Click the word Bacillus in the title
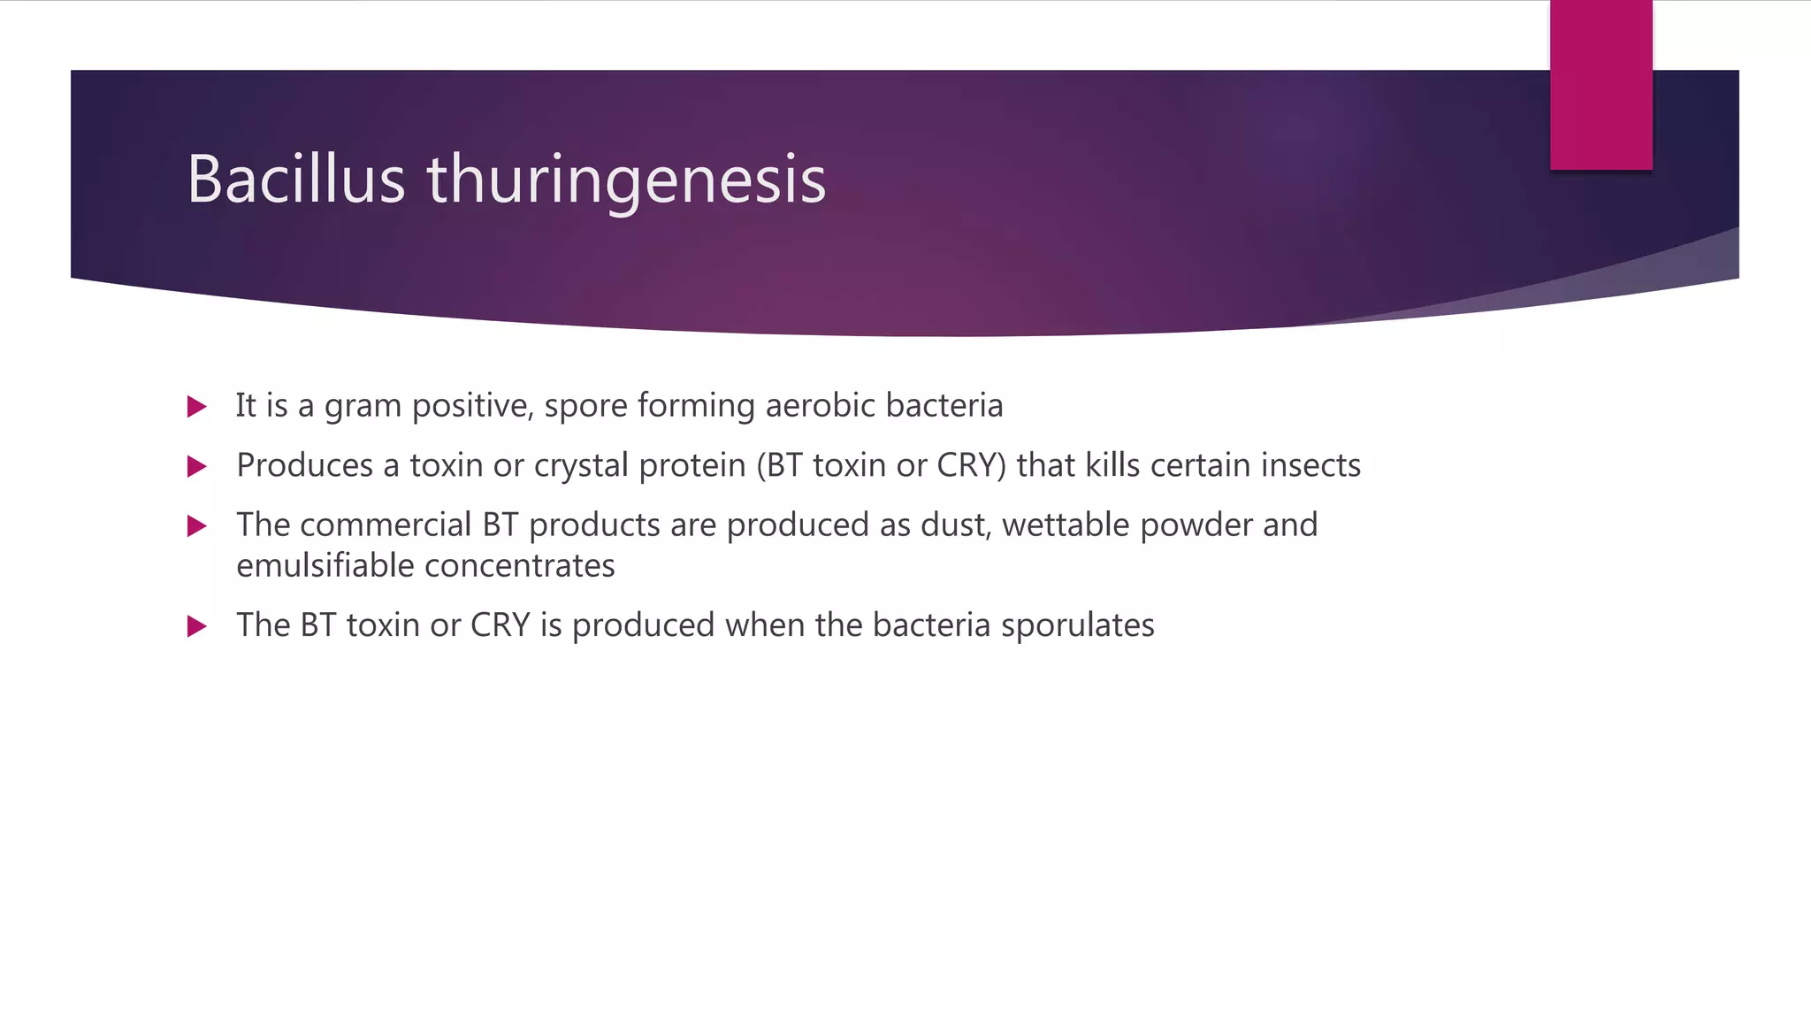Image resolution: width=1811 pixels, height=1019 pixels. pos(295,180)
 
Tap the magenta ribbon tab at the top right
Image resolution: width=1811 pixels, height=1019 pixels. pos(1601,85)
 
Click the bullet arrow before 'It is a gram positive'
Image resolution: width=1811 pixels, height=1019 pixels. pos(197,407)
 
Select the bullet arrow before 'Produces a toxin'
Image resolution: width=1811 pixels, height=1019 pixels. pos(197,466)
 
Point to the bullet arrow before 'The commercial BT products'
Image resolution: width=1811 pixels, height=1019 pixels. pos(197,526)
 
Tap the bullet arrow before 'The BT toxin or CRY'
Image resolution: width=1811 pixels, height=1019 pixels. pos(197,627)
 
